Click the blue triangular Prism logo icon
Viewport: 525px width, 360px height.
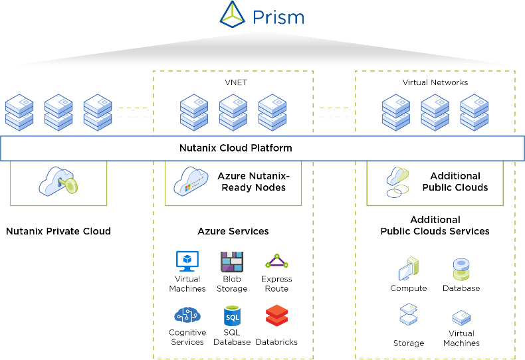coord(233,14)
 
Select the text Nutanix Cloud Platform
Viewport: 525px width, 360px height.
coord(235,147)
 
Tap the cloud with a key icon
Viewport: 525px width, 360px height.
coord(58,181)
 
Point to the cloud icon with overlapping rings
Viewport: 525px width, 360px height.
coord(397,181)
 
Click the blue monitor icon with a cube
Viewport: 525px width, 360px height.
coord(187,261)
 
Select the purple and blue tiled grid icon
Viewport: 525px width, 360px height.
coord(232,261)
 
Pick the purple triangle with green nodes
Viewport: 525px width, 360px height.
coord(276,261)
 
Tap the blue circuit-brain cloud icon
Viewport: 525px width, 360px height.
coord(187,315)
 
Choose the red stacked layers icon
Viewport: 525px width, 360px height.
coord(276,315)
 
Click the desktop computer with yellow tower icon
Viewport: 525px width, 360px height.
coord(408,268)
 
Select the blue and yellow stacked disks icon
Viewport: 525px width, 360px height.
coord(461,269)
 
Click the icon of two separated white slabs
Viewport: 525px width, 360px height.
coord(408,314)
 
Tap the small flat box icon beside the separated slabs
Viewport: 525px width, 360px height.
coord(461,318)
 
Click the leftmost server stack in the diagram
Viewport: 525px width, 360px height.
coord(19,112)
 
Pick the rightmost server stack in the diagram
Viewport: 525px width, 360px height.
coord(474,112)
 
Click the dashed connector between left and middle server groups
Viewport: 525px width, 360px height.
coord(132,112)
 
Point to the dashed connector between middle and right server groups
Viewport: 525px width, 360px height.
coord(334,112)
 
